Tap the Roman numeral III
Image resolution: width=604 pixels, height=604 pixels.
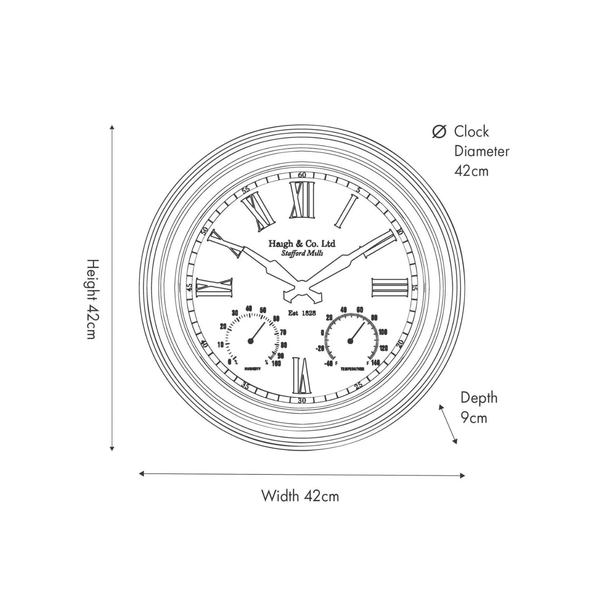(x=390, y=288)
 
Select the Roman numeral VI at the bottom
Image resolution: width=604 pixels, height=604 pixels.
(x=301, y=375)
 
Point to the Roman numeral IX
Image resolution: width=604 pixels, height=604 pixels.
(x=214, y=288)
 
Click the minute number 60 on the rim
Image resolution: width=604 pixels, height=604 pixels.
(x=302, y=175)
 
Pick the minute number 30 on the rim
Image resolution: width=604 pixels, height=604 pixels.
(x=302, y=400)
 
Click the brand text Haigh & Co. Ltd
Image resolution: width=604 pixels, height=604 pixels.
(x=302, y=244)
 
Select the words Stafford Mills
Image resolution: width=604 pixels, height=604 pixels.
(x=302, y=254)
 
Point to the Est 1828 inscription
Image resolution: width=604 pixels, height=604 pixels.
(x=302, y=313)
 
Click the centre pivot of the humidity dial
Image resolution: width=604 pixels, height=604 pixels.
(x=251, y=341)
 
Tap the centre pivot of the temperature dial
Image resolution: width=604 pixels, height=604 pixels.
(x=350, y=341)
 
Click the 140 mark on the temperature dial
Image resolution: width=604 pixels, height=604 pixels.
(x=375, y=363)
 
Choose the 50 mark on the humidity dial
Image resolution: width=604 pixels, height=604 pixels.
(x=263, y=310)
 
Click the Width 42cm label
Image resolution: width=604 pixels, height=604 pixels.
(x=300, y=496)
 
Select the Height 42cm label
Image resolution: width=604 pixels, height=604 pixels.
(x=93, y=299)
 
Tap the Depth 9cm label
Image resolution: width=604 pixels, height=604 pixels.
(x=479, y=407)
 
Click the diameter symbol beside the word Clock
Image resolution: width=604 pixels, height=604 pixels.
(x=439, y=132)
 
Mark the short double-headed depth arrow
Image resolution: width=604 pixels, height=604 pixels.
(x=448, y=424)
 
